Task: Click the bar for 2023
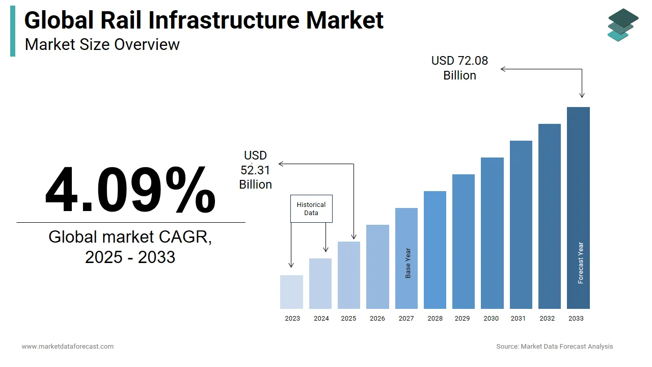click(291, 292)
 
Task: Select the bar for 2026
click(377, 267)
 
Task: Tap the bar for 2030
click(492, 233)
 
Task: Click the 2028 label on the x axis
click(435, 319)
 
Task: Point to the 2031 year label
click(518, 319)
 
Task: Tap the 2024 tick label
click(321, 319)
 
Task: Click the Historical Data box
click(311, 208)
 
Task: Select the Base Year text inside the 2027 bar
click(408, 263)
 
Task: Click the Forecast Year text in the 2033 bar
click(581, 263)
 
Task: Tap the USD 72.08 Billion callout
click(459, 68)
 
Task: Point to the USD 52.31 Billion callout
click(256, 170)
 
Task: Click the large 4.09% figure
click(130, 190)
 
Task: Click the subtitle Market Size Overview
click(102, 44)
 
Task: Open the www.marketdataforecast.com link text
click(68, 347)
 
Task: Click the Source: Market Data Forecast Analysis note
click(555, 347)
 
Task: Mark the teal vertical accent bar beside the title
click(13, 31)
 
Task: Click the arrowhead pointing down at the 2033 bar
click(582, 95)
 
